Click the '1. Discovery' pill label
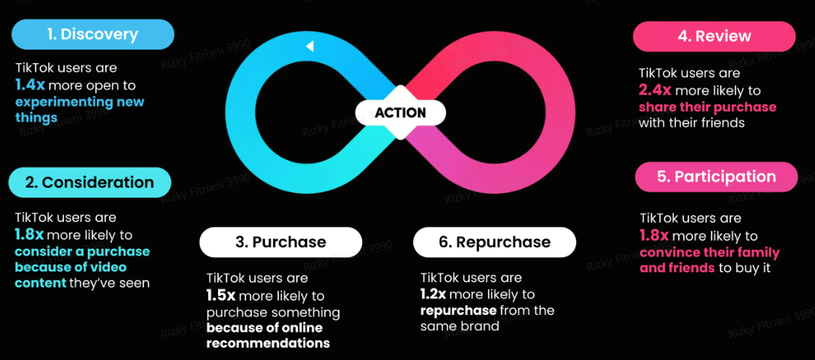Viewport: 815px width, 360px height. (92, 35)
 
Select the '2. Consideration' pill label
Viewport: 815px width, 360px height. (90, 182)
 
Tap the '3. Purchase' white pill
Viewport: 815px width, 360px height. (281, 242)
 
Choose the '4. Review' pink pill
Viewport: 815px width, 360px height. (714, 37)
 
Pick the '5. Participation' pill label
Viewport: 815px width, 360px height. (716, 177)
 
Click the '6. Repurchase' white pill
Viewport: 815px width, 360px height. (494, 242)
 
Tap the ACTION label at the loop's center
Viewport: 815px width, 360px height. (400, 113)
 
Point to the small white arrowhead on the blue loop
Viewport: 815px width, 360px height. (310, 47)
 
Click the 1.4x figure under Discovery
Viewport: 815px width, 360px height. (30, 85)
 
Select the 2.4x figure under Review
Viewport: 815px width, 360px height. (656, 91)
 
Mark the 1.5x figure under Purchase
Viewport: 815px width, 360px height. (222, 296)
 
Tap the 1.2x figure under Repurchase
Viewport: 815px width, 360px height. (435, 294)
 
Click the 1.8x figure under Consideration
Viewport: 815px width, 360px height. (30, 235)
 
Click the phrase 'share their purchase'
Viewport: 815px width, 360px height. (708, 108)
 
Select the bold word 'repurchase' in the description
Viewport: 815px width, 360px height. (458, 311)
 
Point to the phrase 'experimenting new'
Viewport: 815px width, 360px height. (79, 101)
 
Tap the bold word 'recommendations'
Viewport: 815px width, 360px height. (268, 344)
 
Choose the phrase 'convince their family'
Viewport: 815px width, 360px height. (710, 252)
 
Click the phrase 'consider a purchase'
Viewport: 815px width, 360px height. (82, 251)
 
